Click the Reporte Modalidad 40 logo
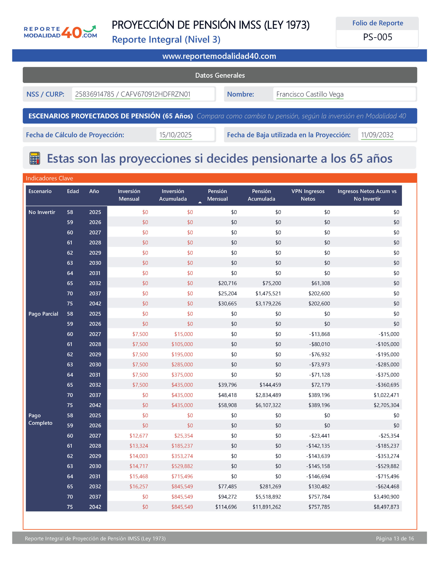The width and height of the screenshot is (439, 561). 60,32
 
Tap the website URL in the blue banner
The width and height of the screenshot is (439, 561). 219,56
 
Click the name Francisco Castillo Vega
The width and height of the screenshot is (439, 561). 310,94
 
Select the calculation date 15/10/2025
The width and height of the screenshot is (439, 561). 175,135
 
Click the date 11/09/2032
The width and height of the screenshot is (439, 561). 377,135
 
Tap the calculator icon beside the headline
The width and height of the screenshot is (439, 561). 35,158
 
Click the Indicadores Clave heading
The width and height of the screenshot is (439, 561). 49,178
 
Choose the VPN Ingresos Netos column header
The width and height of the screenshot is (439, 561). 308,195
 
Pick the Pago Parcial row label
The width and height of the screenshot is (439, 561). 43,314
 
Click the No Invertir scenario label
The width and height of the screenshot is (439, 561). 42,212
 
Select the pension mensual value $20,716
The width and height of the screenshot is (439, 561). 227,283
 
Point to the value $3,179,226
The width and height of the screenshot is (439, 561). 268,304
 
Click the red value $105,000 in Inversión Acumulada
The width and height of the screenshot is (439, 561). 182,344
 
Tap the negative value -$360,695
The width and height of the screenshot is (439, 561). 387,385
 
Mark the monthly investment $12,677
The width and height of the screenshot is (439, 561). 139,436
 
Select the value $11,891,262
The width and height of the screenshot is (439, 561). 267,507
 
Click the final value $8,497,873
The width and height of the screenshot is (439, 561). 386,507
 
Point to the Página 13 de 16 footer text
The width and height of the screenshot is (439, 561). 395,538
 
